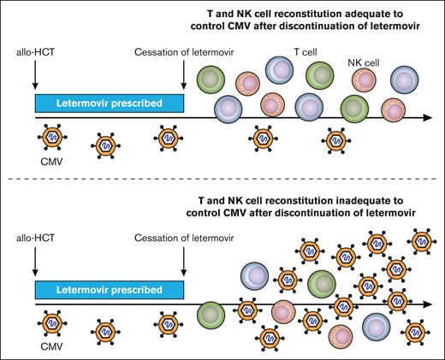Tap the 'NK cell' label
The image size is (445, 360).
point(365,62)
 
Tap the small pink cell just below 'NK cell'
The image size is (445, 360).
point(366,80)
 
